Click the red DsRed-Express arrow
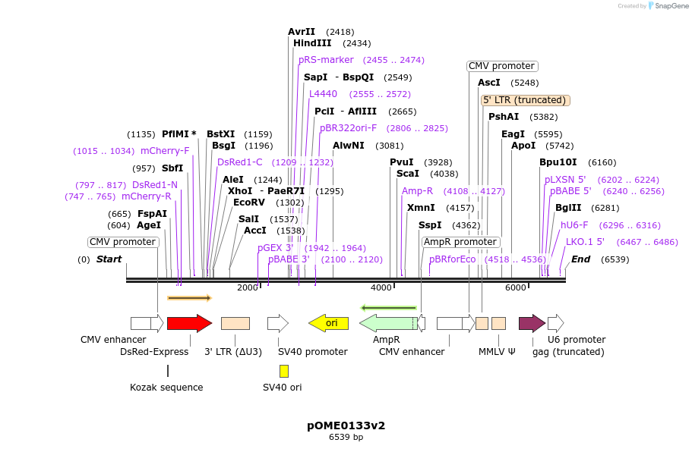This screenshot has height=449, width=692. pos(189,323)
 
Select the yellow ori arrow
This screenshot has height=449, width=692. pos(328,323)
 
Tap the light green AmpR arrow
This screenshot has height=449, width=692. pos(387,323)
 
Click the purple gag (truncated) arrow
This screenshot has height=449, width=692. pos(532,323)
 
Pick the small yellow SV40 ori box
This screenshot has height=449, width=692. pos(283,371)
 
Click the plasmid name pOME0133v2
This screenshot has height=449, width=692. pos(346,425)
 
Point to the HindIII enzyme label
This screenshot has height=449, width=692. pos(312,43)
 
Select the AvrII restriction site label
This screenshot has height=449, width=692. pos(302,32)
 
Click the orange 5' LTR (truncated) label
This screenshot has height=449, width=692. pos(526,100)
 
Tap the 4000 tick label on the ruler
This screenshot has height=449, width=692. pos(381,287)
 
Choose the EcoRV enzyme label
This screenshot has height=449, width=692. pos(248,203)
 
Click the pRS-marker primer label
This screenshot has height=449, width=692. pos(326,60)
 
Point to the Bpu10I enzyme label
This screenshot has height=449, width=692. pos(558,162)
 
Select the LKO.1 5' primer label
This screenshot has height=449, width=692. pos(585,242)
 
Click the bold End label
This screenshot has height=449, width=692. pos(581,259)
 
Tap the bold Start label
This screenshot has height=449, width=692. pos(109,259)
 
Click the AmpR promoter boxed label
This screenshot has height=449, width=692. pos(460,242)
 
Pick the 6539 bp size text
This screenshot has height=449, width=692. pos(346,438)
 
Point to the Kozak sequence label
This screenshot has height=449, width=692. pos(166,388)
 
